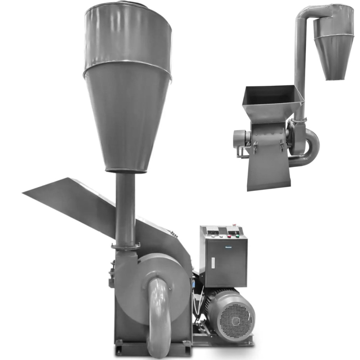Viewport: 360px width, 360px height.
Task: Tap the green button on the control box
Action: (237, 236)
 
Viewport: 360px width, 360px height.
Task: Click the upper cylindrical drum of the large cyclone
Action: (128, 36)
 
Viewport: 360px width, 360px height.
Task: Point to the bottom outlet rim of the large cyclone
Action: (126, 170)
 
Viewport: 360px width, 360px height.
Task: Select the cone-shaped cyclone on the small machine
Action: (333, 54)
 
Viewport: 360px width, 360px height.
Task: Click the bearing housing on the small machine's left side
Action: (239, 139)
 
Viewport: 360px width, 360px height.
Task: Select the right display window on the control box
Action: (234, 230)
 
